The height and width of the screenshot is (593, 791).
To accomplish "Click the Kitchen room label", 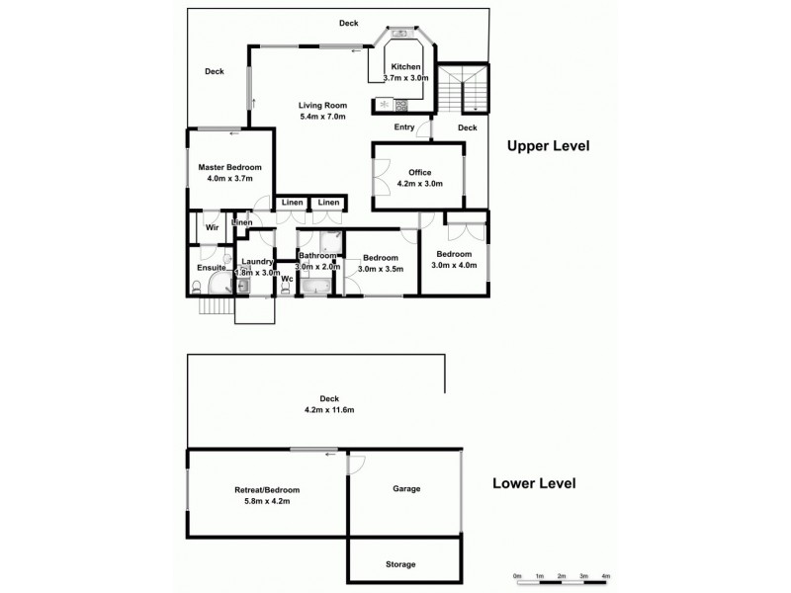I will point(405,67).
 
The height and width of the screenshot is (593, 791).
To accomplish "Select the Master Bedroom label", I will point(229,167).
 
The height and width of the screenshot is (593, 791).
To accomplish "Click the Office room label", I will point(420,172).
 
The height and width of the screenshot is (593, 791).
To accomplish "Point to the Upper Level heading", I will point(548,146).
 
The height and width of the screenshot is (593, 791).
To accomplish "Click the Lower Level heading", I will point(534,484).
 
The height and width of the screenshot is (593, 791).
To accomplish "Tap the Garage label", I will point(406,489).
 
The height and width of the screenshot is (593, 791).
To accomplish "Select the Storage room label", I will point(400,564).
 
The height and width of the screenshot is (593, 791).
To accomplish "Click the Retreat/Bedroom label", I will point(267,490).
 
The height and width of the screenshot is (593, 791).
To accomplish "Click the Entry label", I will point(404,127).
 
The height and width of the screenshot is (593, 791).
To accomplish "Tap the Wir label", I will point(212,227).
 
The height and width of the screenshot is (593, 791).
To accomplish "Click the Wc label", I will point(287,279).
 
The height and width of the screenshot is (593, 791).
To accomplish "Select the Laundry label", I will point(257,261).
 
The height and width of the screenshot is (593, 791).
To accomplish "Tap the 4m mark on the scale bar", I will point(606,575).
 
